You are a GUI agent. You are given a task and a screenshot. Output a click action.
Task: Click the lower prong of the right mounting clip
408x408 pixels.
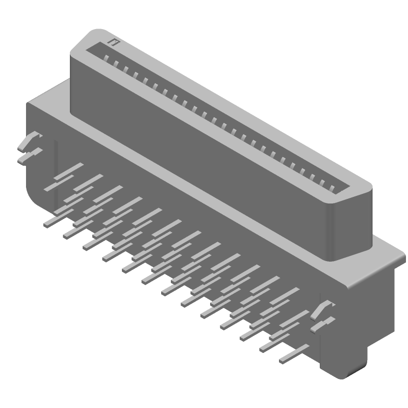(322, 324)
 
